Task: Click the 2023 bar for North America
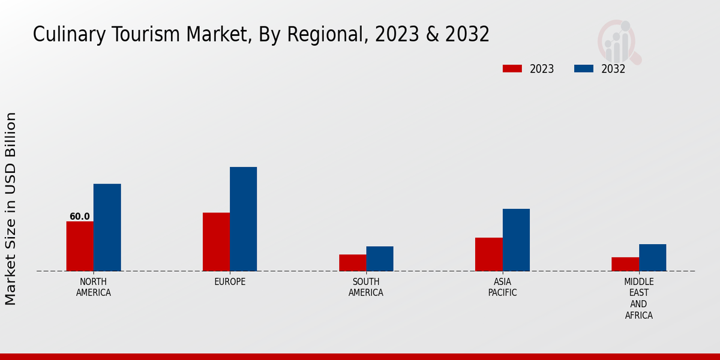click(80, 246)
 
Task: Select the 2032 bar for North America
click(107, 227)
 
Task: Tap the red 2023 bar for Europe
click(216, 242)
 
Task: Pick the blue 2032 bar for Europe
click(244, 219)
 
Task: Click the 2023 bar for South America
click(353, 263)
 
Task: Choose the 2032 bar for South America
click(380, 259)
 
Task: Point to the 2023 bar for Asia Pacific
click(489, 254)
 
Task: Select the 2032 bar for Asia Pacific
click(516, 240)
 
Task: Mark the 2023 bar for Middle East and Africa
click(625, 264)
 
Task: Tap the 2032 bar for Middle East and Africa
click(653, 257)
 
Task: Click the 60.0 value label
click(80, 217)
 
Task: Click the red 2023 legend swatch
click(512, 68)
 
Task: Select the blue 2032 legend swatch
click(584, 68)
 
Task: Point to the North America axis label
click(94, 287)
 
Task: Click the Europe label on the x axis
click(230, 282)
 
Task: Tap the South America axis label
click(366, 287)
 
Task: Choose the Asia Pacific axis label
click(503, 287)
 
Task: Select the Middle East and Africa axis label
click(639, 299)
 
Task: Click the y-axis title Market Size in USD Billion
click(11, 209)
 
